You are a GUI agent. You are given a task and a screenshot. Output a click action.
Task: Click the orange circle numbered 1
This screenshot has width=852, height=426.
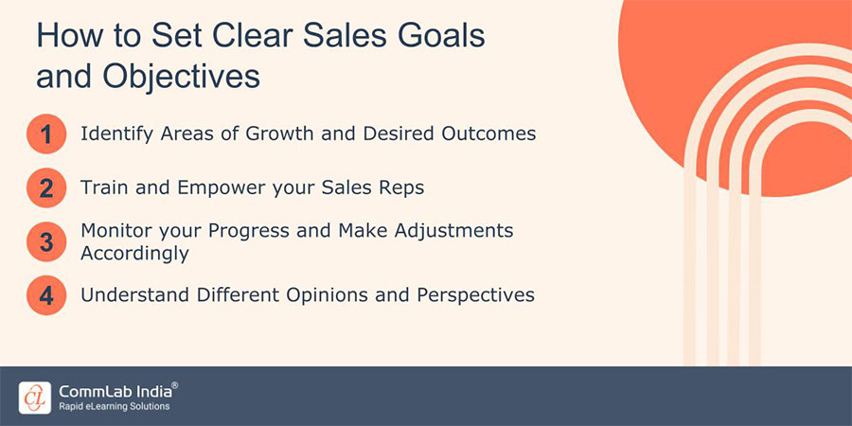click(x=45, y=135)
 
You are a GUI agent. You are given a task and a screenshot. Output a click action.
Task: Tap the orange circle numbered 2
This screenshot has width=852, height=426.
click(x=45, y=188)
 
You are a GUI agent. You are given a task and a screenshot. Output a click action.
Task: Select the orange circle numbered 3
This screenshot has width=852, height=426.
click(x=45, y=241)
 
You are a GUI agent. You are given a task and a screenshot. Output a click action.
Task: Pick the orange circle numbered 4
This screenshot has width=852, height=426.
click(x=45, y=294)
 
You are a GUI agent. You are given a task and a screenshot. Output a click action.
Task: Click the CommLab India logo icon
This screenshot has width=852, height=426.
click(x=34, y=397)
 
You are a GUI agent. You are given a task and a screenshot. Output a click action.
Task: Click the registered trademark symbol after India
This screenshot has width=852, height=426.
click(x=174, y=385)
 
